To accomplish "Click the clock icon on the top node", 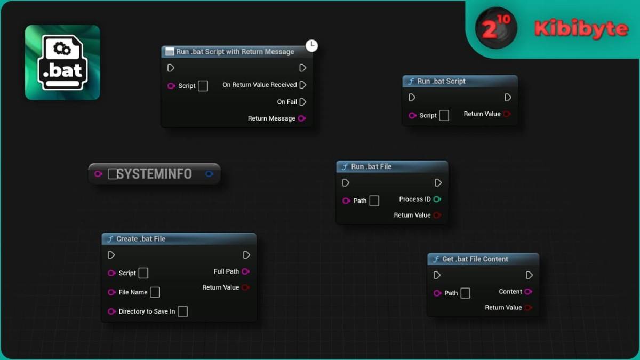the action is click(x=311, y=46).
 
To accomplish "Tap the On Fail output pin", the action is click(x=303, y=102).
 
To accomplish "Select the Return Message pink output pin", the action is click(x=302, y=118).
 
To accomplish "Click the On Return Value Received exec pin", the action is click(x=303, y=85).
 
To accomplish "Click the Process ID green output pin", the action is click(x=437, y=199).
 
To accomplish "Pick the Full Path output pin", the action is click(x=245, y=271).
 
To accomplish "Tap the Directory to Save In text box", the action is click(x=183, y=311).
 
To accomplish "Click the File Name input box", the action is click(x=155, y=292).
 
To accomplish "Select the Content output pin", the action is click(x=529, y=292).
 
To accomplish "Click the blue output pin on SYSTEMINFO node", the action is click(x=209, y=174).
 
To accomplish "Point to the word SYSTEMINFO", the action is click(x=154, y=174).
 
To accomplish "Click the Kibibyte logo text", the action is click(x=581, y=29).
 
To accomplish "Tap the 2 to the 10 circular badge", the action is click(x=496, y=28).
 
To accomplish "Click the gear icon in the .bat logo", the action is click(x=62, y=49).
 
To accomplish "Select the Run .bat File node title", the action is click(x=371, y=166).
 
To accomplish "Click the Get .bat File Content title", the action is click(x=475, y=259).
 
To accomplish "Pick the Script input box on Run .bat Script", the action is click(x=444, y=115).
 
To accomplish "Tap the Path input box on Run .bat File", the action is click(x=374, y=201).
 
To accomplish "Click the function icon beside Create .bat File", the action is click(x=110, y=239).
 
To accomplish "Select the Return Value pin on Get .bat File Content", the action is click(x=529, y=308).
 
